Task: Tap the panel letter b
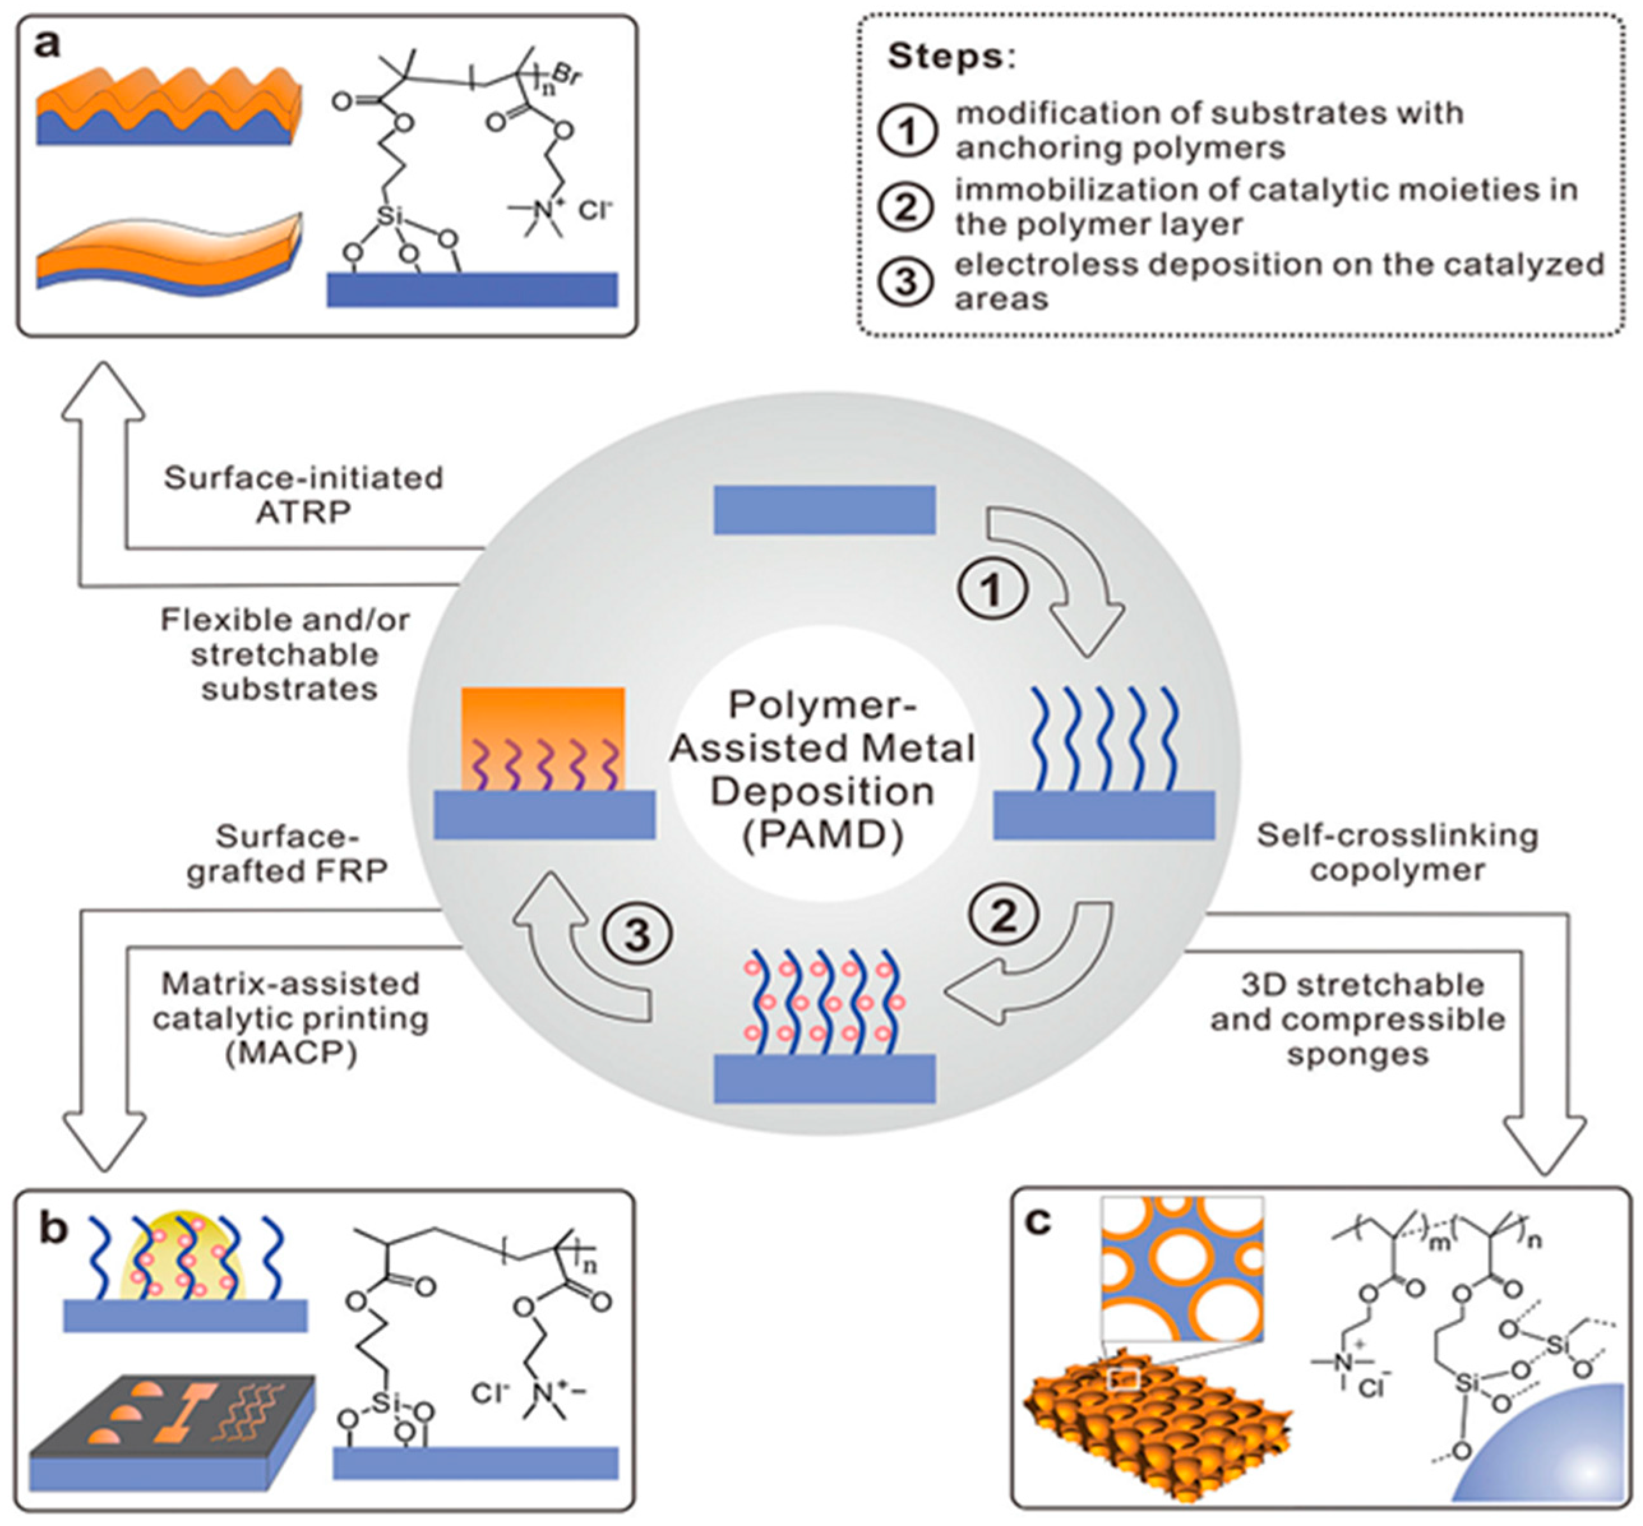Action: point(52,1229)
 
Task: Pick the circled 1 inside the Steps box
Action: point(907,131)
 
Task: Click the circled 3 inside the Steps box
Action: point(907,282)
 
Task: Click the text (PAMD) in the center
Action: point(822,835)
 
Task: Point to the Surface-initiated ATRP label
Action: point(303,495)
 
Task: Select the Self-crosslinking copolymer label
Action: point(1397,852)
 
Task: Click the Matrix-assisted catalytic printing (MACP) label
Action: point(291,1018)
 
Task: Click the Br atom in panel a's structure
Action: point(567,76)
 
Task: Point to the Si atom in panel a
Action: point(388,216)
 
